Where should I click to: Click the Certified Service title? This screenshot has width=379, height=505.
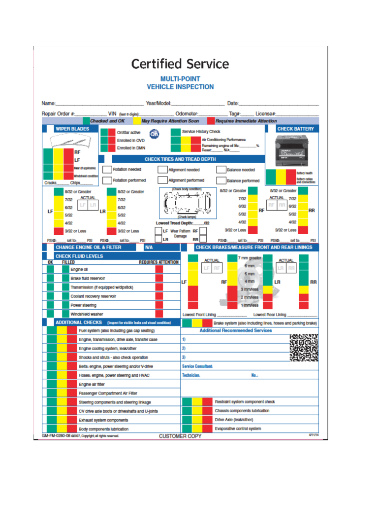pyautogui.click(x=180, y=64)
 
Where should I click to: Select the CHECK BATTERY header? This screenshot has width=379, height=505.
pyautogui.click(x=295, y=129)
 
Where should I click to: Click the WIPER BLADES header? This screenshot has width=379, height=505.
pyautogui.click(x=69, y=129)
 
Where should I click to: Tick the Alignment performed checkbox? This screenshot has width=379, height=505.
pyautogui.click(x=162, y=180)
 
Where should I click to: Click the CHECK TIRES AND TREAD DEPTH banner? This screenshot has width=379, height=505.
pyautogui.click(x=180, y=159)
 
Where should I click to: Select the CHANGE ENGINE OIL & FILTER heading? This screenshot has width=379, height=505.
pyautogui.click(x=88, y=247)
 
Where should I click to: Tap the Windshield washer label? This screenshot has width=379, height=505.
pyautogui.click(x=87, y=314)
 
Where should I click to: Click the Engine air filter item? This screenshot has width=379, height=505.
pyautogui.click(x=92, y=384)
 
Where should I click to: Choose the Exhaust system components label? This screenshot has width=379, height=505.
pyautogui.click(x=103, y=420)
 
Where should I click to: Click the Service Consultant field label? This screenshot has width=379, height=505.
pyautogui.click(x=197, y=366)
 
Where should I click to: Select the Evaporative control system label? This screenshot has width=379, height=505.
pyautogui.click(x=238, y=429)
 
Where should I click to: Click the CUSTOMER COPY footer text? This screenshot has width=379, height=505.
pyautogui.click(x=180, y=436)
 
